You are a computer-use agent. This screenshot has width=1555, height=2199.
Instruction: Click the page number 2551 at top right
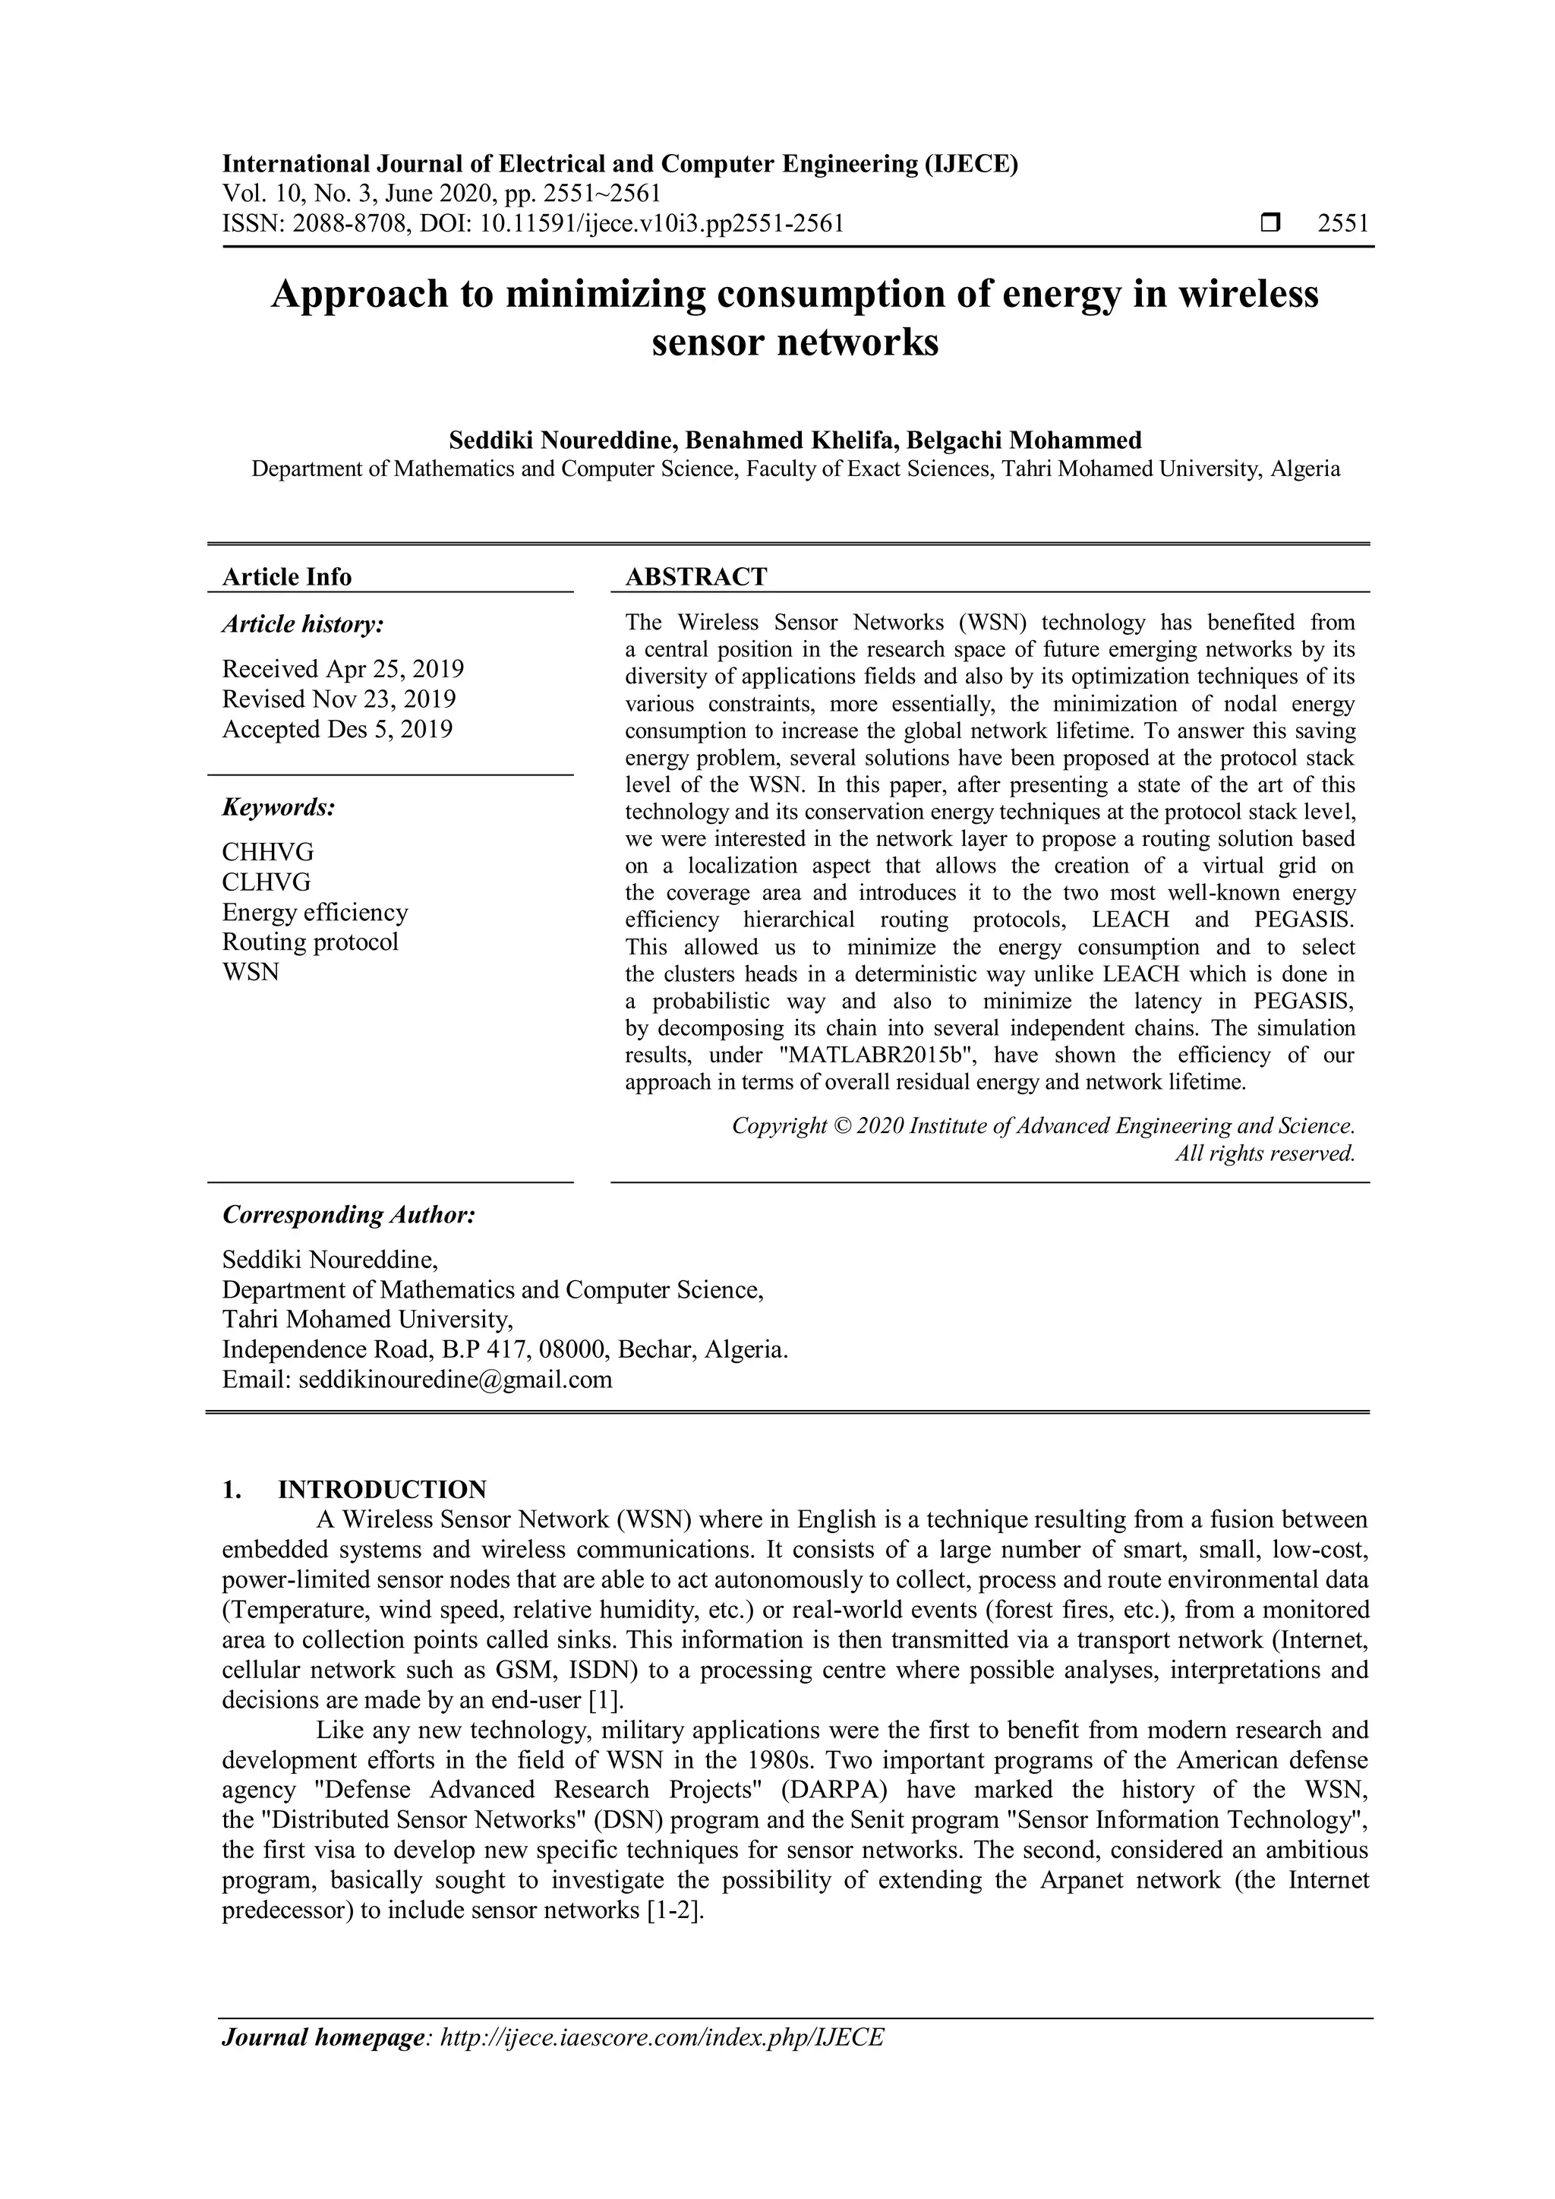[1342, 224]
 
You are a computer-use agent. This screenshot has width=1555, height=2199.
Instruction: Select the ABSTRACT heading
[696, 576]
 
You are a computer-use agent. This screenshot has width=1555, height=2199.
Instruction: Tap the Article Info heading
[286, 576]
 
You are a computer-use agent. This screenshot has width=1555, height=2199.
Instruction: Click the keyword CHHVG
[268, 851]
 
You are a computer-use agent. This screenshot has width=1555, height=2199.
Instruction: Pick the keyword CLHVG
[267, 881]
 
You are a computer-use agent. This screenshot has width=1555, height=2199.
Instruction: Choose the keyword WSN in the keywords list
[251, 971]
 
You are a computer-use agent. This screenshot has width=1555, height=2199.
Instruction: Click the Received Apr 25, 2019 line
[342, 668]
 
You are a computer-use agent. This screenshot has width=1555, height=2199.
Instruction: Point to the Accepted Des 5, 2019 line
[337, 729]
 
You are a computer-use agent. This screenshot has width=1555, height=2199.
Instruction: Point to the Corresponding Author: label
[349, 1214]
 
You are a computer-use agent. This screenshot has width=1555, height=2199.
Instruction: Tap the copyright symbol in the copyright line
[841, 1125]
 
